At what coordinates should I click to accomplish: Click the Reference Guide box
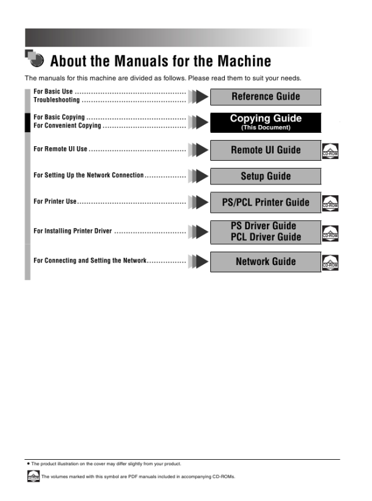pos(265,96)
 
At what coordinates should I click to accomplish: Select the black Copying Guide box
pos(265,122)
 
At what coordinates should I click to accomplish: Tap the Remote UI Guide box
pos(265,150)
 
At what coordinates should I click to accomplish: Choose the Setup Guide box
pos(265,177)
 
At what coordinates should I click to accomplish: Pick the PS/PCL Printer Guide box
pos(265,203)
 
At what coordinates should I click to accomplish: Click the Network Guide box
pos(265,261)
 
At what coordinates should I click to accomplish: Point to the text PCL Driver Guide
pos(266,237)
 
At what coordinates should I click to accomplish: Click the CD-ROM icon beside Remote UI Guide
pos(330,151)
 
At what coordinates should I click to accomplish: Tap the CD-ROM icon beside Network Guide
pos(330,263)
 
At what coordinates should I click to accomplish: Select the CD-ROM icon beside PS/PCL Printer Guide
pos(330,203)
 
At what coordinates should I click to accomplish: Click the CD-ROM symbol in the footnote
pos(33,477)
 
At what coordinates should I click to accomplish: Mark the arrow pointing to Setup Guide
pos(198,177)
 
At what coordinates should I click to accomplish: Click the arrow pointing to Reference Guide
pos(198,96)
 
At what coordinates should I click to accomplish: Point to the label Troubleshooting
pos(57,100)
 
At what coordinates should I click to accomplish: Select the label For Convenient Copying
pos(67,126)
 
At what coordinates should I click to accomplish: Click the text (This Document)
pos(266,128)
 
